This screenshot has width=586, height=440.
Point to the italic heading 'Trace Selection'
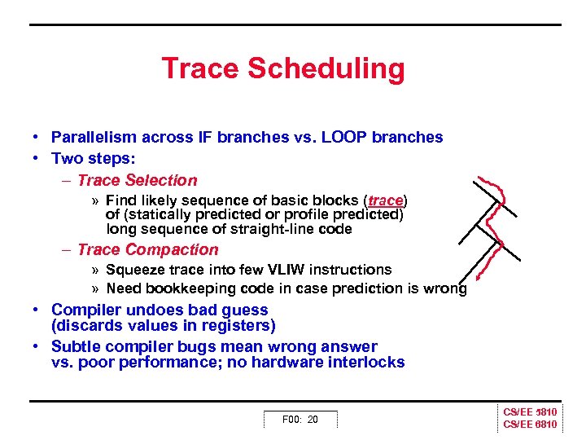coord(137,180)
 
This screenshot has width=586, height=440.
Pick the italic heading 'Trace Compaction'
coord(147,249)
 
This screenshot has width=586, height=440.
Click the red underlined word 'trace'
coord(386,200)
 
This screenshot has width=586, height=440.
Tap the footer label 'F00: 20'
coord(300,420)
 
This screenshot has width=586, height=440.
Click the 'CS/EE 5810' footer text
coord(530,413)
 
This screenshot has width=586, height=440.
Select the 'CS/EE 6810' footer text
coord(530,425)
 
